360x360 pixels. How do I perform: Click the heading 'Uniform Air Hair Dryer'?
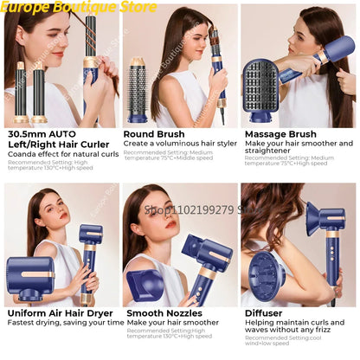[x=60, y=313]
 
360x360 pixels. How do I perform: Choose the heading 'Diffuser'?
[x=265, y=313]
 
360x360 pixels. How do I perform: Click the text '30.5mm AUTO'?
[x=41, y=134]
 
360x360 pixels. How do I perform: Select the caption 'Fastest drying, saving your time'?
[x=65, y=323]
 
